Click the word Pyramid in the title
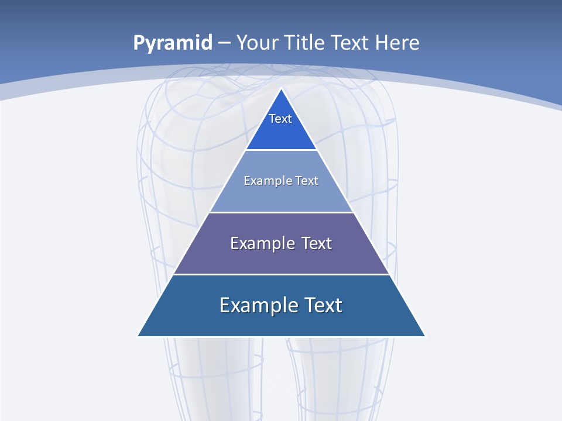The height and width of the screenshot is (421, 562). tap(172, 43)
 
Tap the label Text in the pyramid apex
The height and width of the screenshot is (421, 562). tap(280, 119)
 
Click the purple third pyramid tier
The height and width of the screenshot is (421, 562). tap(281, 257)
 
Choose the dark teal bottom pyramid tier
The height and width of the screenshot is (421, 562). tap(281, 322)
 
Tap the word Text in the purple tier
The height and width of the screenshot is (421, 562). tap(316, 243)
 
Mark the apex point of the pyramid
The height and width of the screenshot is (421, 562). tap(281, 89)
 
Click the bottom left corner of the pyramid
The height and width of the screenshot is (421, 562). tap(138, 336)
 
